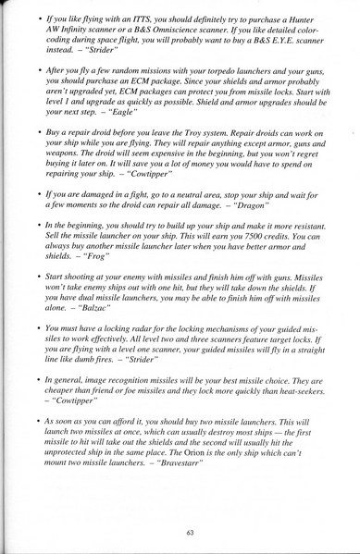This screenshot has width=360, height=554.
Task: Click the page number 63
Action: point(189,531)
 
